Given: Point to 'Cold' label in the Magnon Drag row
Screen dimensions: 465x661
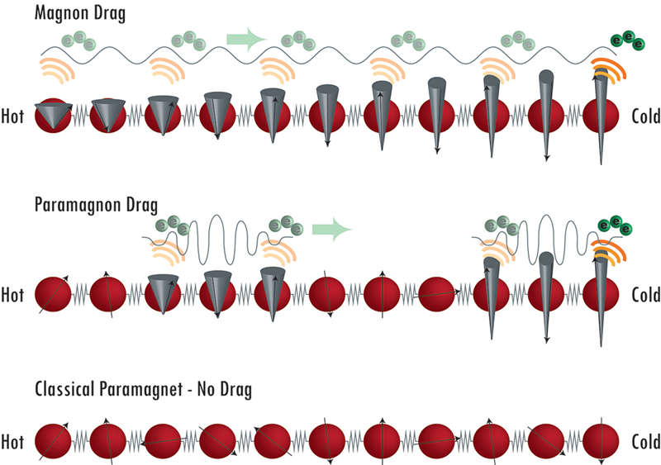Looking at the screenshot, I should pyautogui.click(x=644, y=116).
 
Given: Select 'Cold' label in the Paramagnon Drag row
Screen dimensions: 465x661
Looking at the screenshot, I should pyautogui.click(x=644, y=293).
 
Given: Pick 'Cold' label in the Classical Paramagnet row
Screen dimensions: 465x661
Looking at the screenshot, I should pyautogui.click(x=644, y=439).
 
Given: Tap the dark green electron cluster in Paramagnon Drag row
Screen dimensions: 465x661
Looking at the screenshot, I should pyautogui.click(x=615, y=225).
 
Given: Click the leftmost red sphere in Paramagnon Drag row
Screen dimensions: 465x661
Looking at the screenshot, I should pyautogui.click(x=53, y=293).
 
